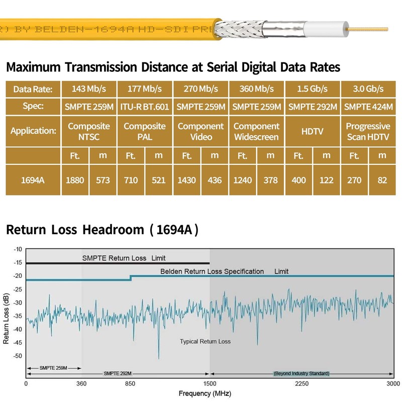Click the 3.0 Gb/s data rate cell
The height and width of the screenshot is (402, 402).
368,89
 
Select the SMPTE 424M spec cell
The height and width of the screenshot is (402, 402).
368,107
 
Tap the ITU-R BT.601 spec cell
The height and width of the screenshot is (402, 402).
145,107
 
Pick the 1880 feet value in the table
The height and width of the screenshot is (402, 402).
75,180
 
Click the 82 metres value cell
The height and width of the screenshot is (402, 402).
382,180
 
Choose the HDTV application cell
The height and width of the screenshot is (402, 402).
313,131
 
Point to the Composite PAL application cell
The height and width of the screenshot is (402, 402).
145,131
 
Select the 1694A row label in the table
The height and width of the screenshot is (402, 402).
33,180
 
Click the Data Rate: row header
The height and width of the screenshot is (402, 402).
33,89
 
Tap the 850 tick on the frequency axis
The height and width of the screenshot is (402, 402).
130,383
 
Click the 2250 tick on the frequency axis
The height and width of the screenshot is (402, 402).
301,383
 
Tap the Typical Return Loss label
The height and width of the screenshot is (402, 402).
205,342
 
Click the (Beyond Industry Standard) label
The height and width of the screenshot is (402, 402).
301,373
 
